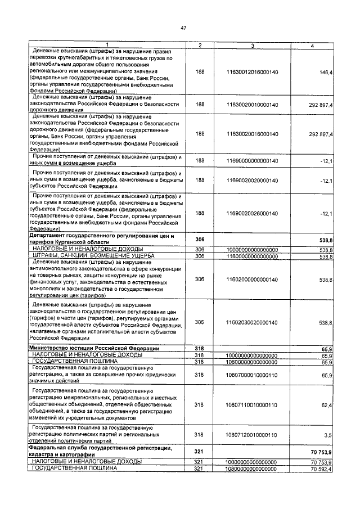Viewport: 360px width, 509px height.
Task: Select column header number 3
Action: pos(253,45)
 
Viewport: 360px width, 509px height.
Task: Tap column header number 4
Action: pos(312,45)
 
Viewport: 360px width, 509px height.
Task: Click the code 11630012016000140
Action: pos(253,73)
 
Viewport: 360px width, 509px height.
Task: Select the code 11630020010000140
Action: pos(253,105)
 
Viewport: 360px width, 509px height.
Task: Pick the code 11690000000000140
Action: pos(253,161)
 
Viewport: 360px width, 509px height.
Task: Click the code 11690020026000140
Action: pos(253,213)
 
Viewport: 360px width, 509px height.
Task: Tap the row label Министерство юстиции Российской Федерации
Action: pos(94,349)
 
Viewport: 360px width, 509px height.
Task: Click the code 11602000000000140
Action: pos(253,279)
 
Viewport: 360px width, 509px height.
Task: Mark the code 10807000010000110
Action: pos(253,374)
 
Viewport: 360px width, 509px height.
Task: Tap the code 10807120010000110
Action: pos(253,435)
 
